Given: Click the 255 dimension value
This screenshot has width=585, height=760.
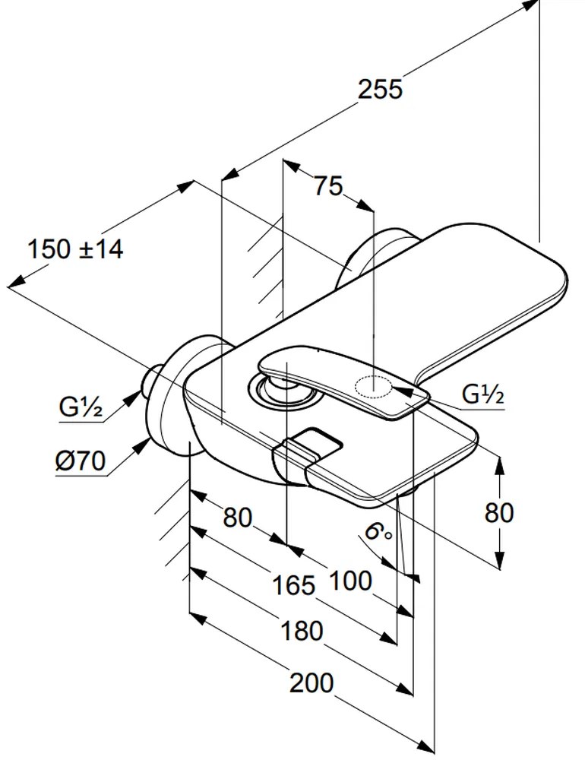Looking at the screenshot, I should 380,89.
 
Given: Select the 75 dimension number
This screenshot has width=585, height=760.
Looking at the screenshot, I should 328,186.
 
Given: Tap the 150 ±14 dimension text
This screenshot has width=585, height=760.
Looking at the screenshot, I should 75,249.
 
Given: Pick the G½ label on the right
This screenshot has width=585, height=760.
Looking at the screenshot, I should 484,395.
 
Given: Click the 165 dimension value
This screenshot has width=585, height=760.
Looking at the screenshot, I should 293,584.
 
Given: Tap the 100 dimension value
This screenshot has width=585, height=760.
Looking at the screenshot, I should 351,581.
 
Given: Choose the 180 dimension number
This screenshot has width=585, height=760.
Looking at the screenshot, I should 301,631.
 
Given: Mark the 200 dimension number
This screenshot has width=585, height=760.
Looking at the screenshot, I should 311,683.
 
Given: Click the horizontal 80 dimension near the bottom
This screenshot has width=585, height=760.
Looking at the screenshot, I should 237,518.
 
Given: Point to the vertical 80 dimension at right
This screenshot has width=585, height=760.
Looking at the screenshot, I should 499,513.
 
